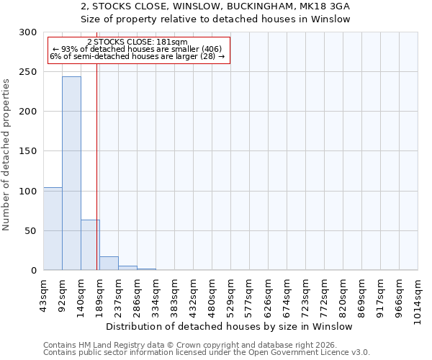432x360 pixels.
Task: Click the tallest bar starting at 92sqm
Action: point(71,173)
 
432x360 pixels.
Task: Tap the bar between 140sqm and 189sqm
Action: point(90,245)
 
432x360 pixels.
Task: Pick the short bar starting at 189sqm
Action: point(109,264)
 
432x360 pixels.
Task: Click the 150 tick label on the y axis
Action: point(29,152)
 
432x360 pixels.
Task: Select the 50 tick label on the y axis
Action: point(32,231)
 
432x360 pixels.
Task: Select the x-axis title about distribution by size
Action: point(234,326)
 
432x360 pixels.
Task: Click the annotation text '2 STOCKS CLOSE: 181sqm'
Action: point(137,42)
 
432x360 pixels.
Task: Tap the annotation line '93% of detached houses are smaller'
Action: point(137,49)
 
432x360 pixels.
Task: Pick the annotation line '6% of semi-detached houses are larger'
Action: point(137,56)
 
